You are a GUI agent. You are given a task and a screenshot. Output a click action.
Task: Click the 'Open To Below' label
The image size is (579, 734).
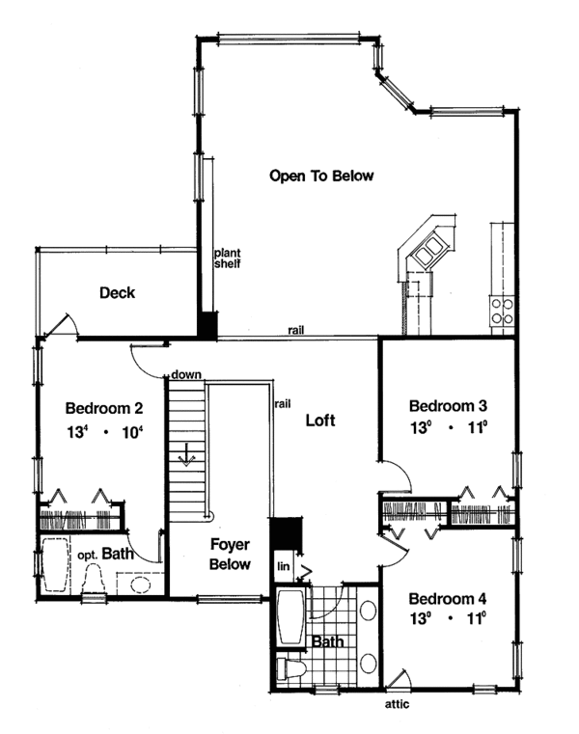[x=320, y=177]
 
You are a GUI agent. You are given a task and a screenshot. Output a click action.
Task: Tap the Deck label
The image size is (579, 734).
[x=117, y=293]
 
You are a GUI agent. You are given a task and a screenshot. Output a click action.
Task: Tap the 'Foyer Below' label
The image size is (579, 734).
[x=231, y=556]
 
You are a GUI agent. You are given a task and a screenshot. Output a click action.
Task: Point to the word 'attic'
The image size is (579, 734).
[x=397, y=704]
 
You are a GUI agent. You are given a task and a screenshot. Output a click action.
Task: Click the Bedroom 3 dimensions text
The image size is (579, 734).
[x=447, y=429]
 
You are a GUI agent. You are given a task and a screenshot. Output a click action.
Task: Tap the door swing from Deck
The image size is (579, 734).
[x=61, y=325]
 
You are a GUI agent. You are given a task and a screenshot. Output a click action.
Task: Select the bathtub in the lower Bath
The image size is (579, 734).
[x=290, y=617]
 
